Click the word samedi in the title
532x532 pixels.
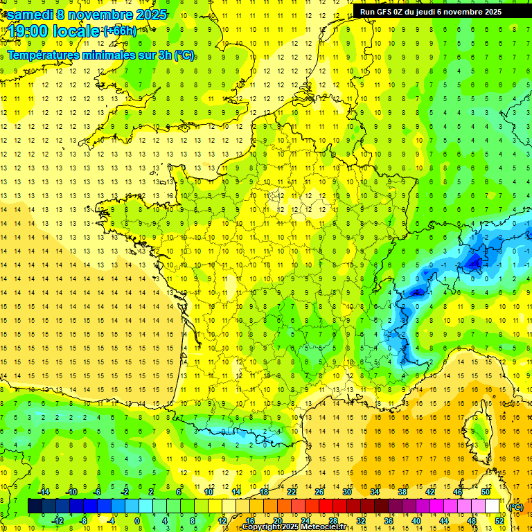31,15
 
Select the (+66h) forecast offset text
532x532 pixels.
120,30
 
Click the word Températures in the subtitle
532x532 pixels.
48,55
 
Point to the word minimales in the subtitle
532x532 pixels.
116,55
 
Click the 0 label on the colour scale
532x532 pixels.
136,521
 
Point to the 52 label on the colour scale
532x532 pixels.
499,521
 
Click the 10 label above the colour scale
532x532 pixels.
209,492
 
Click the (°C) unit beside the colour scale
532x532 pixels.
516,506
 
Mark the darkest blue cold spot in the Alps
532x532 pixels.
475,262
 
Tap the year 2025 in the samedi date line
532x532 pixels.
149,15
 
